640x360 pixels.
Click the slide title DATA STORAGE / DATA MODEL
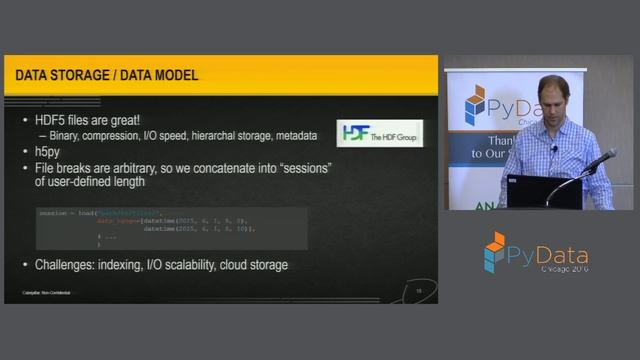click(106, 76)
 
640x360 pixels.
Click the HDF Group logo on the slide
click(379, 133)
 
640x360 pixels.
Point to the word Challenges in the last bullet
click(69, 265)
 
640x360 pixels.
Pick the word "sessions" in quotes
click(301, 167)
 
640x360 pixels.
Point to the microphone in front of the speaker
click(601, 159)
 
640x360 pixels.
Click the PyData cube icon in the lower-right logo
click(495, 252)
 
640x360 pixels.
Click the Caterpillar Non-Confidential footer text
click(52, 292)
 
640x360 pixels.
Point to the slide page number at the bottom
click(419, 290)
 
